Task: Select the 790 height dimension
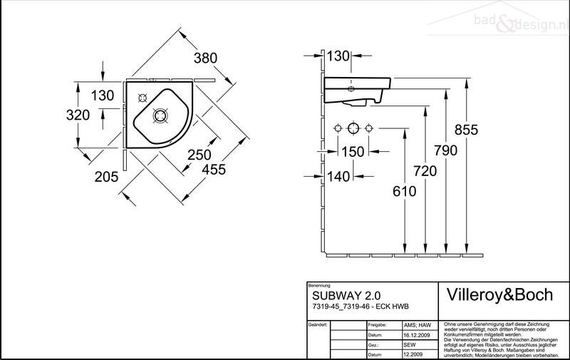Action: point(442,150)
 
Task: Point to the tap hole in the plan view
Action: point(142,98)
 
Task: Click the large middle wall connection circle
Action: point(353,128)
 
